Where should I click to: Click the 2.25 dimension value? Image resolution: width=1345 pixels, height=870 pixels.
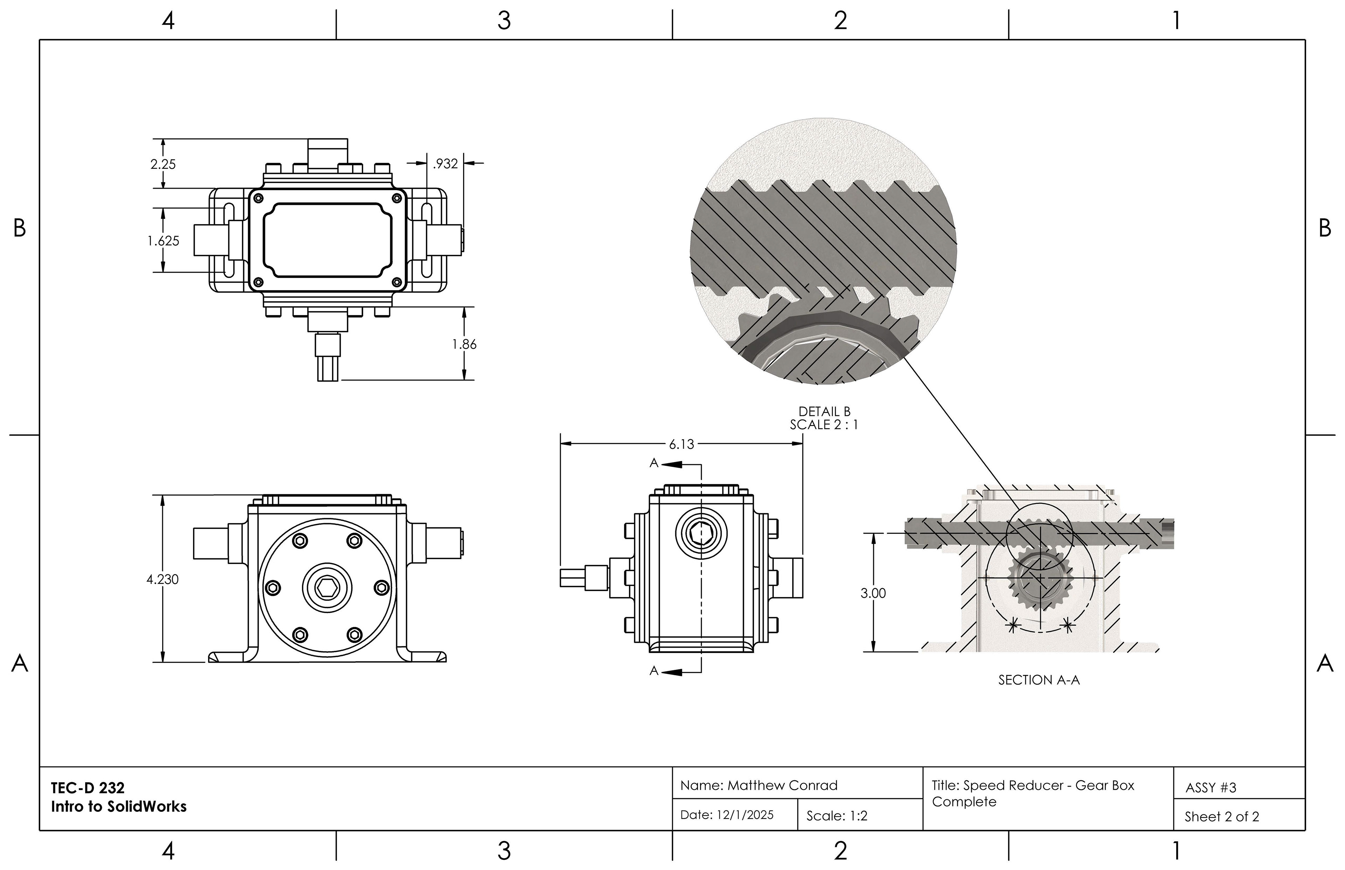(x=163, y=165)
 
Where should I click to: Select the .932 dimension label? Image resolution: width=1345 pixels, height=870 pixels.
(x=445, y=164)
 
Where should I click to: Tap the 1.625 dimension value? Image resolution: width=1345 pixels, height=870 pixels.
(x=163, y=241)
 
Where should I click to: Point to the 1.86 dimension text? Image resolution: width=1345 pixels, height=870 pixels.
(x=464, y=344)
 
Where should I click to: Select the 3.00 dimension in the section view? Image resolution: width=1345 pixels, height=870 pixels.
(x=873, y=593)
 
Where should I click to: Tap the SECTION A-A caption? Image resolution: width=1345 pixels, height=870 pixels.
(x=1039, y=680)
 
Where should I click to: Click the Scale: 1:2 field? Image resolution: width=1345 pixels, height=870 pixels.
(x=836, y=816)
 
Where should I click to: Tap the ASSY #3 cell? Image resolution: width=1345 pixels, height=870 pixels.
(x=1210, y=787)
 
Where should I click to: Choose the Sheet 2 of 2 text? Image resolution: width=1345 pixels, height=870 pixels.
(x=1222, y=817)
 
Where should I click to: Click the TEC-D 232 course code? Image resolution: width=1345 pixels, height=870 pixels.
(x=88, y=787)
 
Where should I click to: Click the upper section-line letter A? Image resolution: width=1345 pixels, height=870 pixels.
(x=654, y=463)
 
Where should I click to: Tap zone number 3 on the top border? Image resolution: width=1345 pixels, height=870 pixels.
(x=504, y=21)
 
